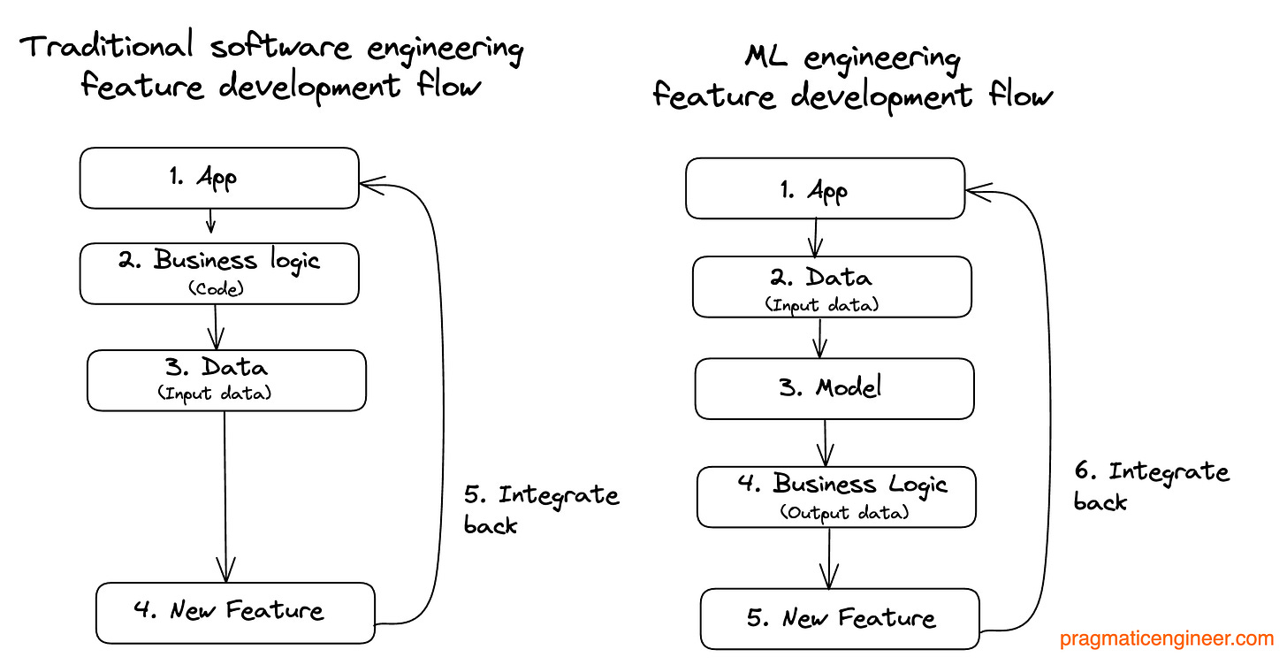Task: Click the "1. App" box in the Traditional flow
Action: click(219, 179)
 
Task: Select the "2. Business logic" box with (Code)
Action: click(219, 273)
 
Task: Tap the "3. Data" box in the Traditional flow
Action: click(226, 380)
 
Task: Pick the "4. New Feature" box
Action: click(235, 612)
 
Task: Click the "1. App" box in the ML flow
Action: click(825, 188)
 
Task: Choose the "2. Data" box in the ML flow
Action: click(832, 287)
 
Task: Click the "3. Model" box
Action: click(834, 388)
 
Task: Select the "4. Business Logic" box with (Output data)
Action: click(836, 496)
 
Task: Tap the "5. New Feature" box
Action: click(840, 619)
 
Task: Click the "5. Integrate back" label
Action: click(540, 508)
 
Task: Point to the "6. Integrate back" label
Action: click(1151, 485)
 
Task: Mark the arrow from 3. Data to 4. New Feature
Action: click(226, 495)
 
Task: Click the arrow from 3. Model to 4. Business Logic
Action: click(826, 442)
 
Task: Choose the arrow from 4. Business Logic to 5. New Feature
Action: click(829, 558)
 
